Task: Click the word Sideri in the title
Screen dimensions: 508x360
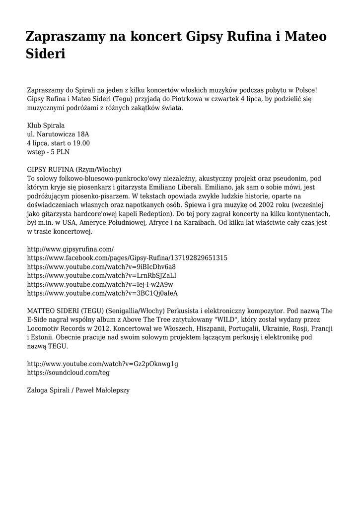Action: click(x=46, y=53)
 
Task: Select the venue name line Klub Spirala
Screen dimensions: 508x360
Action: click(x=46, y=126)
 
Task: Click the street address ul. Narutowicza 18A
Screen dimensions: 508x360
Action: click(x=58, y=134)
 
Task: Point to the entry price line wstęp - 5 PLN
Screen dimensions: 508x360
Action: click(x=48, y=152)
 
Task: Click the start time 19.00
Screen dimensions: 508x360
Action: click(x=80, y=143)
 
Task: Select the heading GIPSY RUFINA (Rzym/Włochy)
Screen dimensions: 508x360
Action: click(x=74, y=170)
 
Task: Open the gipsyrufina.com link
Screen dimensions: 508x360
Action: click(x=70, y=249)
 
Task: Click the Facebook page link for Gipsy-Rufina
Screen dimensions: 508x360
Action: click(x=127, y=257)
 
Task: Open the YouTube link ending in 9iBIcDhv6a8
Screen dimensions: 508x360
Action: click(x=101, y=266)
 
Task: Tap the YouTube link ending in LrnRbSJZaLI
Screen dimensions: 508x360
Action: click(x=102, y=275)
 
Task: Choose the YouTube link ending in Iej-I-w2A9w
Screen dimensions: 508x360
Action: click(x=100, y=284)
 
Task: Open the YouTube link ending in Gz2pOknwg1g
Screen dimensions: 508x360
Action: click(x=102, y=364)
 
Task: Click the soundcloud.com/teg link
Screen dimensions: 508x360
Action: click(x=69, y=373)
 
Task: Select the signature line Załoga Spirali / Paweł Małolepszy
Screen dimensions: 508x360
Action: click(x=78, y=390)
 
